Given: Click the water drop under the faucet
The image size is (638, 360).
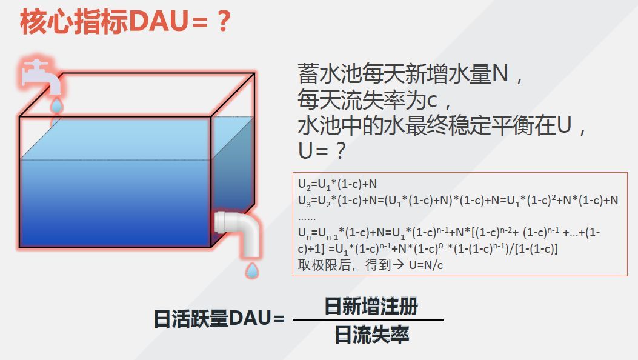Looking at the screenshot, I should [56, 107].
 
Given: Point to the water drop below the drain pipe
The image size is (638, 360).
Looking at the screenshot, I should [251, 270].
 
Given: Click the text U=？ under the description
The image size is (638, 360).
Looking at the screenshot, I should [322, 150].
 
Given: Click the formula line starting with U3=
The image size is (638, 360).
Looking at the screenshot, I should [458, 201].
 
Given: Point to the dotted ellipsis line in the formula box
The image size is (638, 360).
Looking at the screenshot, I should [307, 216].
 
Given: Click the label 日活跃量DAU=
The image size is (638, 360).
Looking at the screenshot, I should [219, 319].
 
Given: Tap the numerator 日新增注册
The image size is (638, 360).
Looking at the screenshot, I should [371, 306].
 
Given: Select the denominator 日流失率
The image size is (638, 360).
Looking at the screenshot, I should [371, 335].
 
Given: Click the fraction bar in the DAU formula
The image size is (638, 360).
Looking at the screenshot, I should [368, 320].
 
